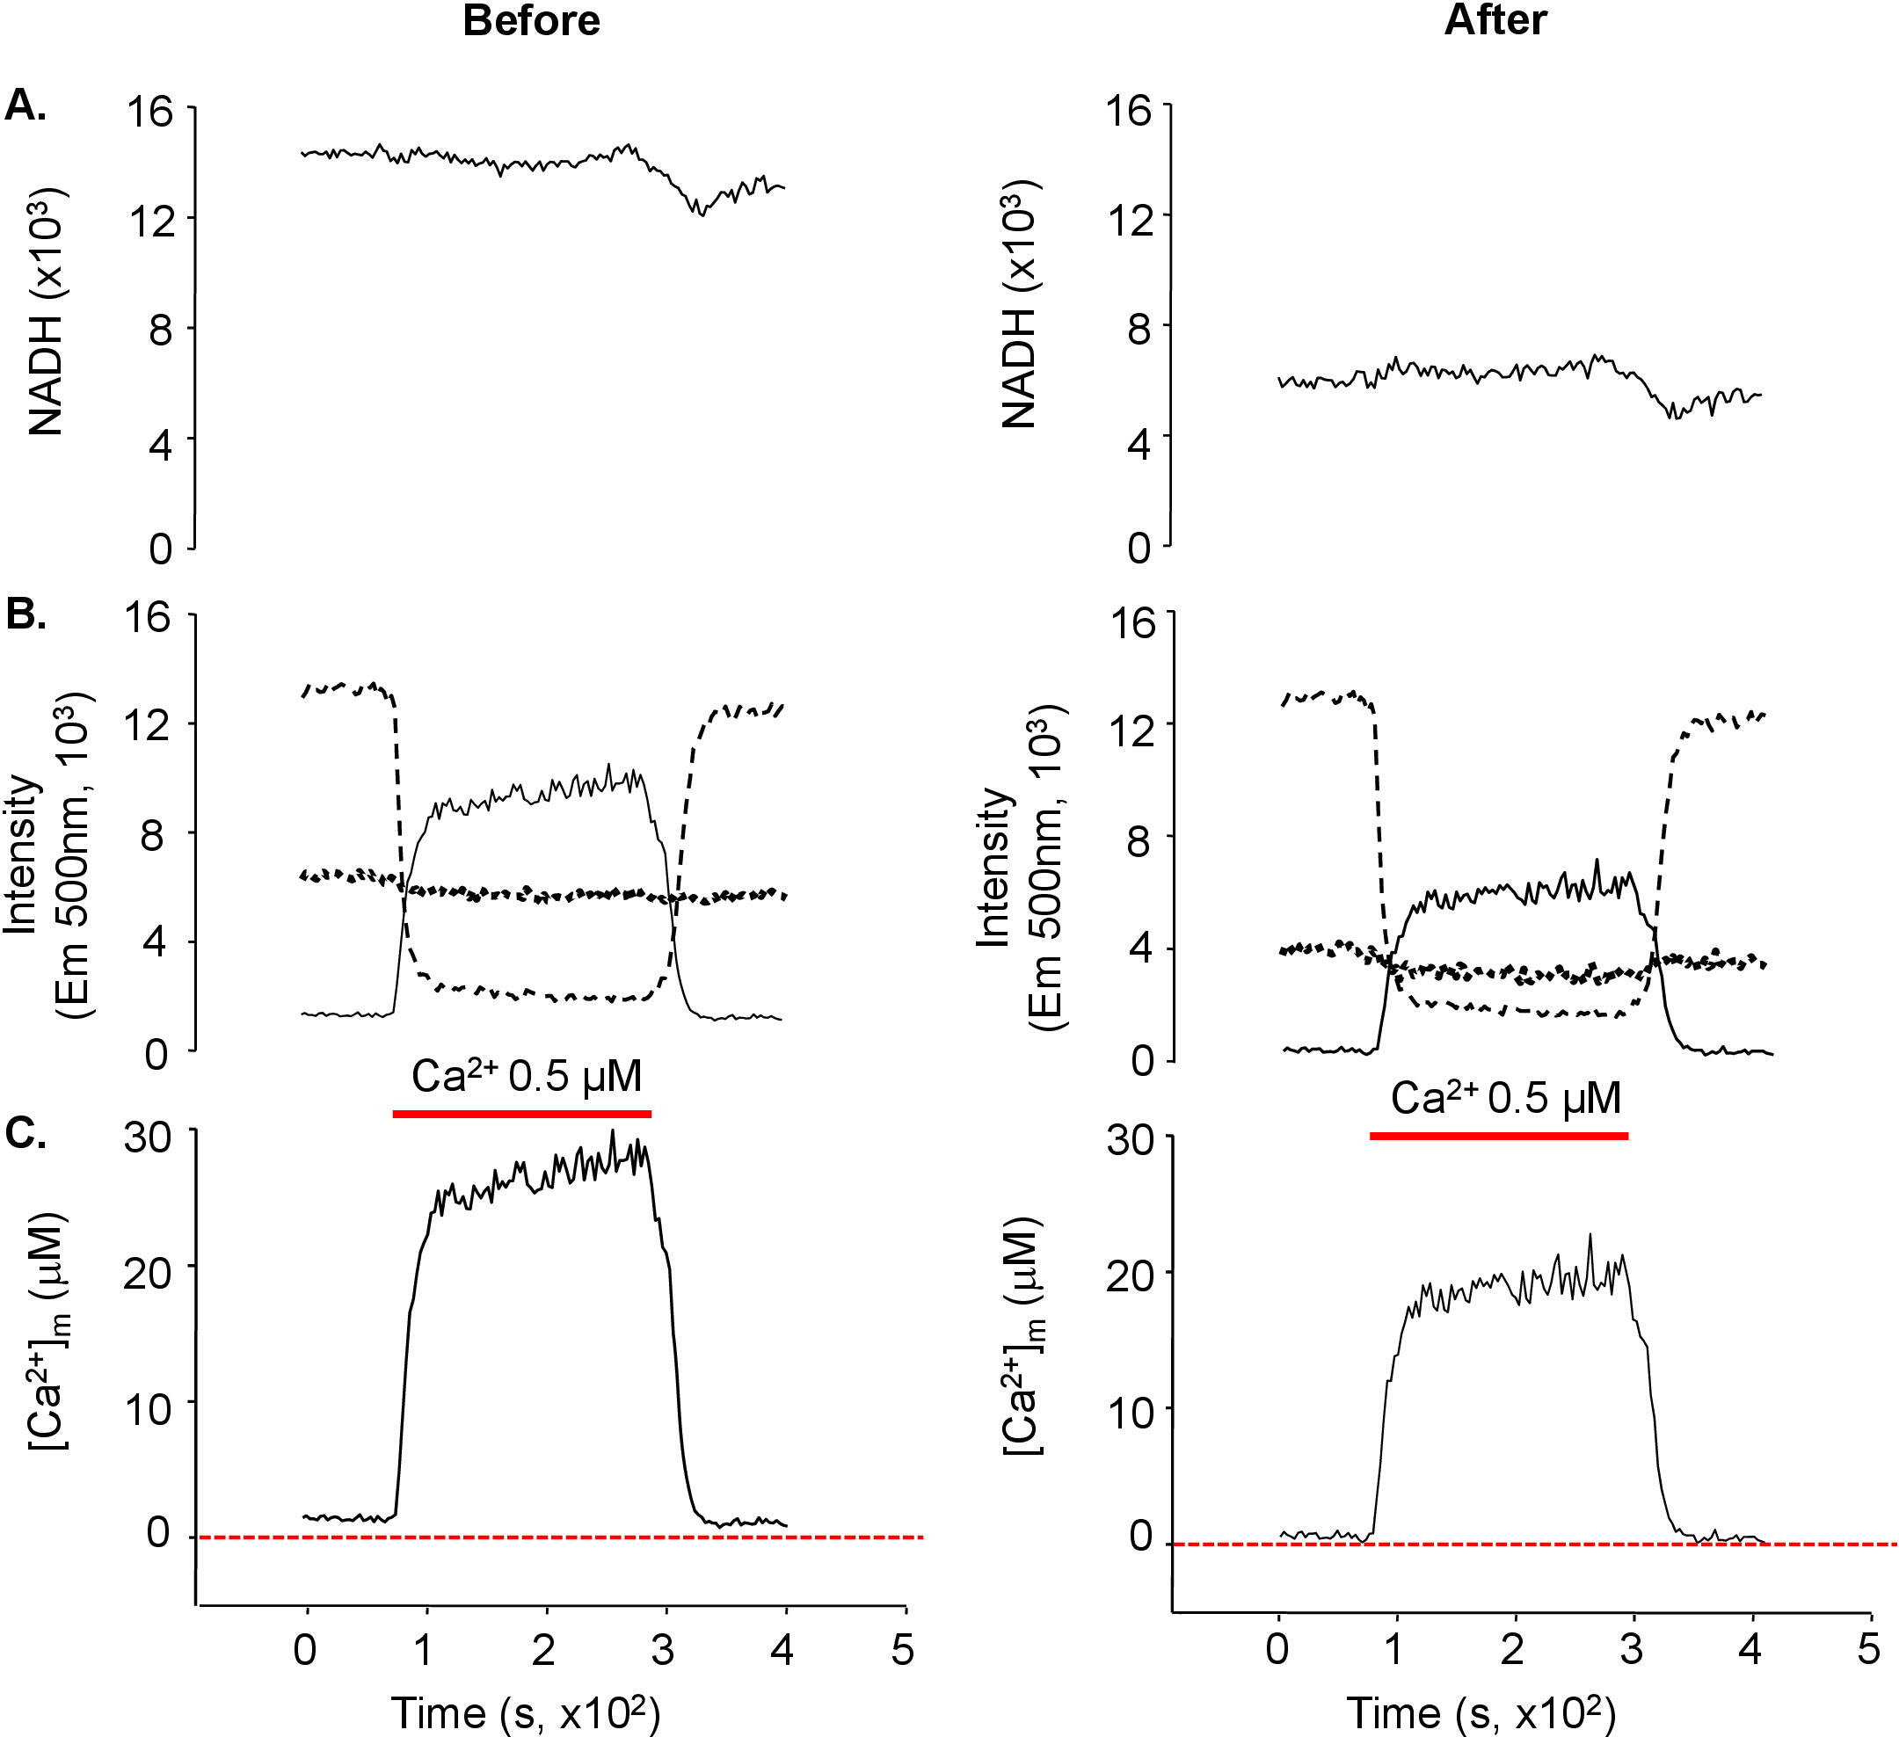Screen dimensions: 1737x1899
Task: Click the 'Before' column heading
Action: [x=531, y=21]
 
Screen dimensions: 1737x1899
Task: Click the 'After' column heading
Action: [x=1495, y=21]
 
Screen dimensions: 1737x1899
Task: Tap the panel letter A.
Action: [x=25, y=106]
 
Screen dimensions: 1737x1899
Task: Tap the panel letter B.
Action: [x=25, y=614]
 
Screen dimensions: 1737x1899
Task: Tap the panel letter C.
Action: [x=25, y=1133]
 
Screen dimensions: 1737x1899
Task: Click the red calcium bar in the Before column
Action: [x=522, y=1114]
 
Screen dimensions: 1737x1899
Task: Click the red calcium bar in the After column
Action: [x=1499, y=1135]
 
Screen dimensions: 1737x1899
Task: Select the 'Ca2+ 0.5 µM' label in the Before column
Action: [x=527, y=1076]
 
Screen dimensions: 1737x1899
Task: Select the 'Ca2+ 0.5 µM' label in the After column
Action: [x=1505, y=1097]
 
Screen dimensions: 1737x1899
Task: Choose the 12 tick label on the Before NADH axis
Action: [x=151, y=222]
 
